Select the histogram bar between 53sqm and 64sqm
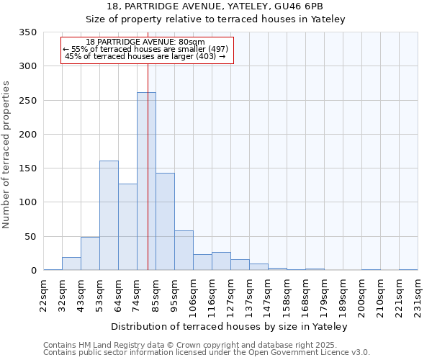109,215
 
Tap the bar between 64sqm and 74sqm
127,227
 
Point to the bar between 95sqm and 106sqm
184,251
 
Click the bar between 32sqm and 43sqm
71,264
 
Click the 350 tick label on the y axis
27,32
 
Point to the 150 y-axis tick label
27,168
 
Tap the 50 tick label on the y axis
30,237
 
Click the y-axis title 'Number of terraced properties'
7,154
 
